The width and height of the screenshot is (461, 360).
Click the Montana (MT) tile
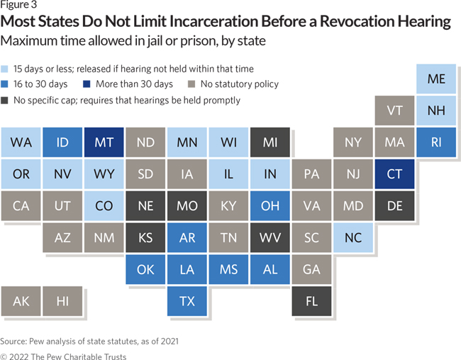coord(104,142)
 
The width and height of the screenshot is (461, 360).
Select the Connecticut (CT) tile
coord(395,174)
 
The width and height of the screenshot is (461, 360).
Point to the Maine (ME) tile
coord(436,79)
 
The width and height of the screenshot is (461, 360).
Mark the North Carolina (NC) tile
coord(353,238)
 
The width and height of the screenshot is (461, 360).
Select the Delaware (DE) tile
coord(395,206)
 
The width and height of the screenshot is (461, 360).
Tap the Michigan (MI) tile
coord(270,142)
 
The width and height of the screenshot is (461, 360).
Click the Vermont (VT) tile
coord(395,111)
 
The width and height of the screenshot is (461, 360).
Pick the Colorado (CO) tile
coord(104,206)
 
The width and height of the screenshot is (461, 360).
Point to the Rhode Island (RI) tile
coord(436,142)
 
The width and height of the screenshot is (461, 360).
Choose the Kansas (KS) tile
coord(145,238)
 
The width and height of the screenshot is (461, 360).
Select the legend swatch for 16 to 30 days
coord(6,84)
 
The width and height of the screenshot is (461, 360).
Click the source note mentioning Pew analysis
coord(89,341)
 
